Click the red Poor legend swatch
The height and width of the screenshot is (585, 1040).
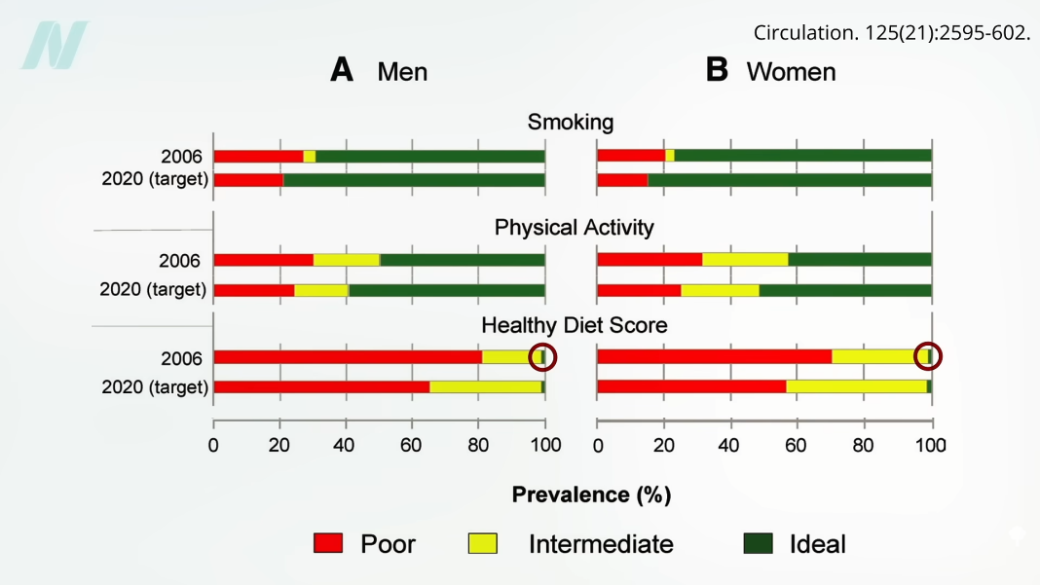[328, 543]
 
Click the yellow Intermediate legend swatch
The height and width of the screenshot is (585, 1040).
[483, 543]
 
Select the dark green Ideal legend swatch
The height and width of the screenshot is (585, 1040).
[758, 543]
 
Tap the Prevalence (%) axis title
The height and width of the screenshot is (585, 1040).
[591, 494]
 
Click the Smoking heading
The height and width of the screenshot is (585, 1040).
[571, 122]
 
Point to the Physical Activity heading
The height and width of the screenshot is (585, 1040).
[574, 227]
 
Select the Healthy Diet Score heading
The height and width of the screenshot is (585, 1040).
[574, 324]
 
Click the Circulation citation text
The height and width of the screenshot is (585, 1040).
[891, 33]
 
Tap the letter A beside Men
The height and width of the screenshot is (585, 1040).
[342, 70]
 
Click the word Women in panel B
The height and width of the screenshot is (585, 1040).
[791, 71]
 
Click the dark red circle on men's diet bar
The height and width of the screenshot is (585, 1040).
[542, 356]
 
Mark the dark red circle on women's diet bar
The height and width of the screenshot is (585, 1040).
[928, 356]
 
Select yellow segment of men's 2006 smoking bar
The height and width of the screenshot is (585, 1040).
[310, 156]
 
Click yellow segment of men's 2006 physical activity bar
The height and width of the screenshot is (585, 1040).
[347, 260]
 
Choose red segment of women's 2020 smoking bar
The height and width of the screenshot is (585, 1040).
[622, 180]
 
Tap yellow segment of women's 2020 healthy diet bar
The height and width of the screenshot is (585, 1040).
[856, 386]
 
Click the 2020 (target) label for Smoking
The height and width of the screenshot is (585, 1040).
[155, 180]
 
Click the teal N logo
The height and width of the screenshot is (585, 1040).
[55, 46]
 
